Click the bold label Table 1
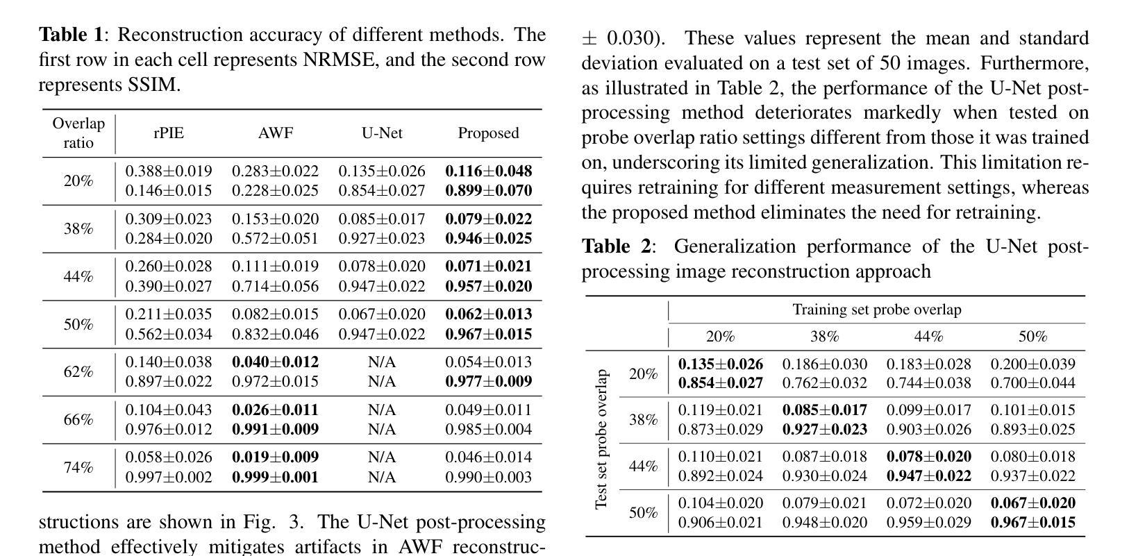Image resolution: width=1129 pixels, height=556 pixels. click(x=70, y=35)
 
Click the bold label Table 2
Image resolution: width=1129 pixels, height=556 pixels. click(x=614, y=246)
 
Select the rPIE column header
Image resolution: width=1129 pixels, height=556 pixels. click(x=169, y=133)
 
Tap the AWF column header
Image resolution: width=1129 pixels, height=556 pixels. click(x=276, y=133)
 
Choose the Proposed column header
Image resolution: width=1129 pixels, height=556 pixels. click(x=488, y=133)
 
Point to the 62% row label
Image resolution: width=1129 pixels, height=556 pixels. click(x=78, y=372)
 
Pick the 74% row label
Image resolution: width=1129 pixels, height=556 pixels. click(x=78, y=467)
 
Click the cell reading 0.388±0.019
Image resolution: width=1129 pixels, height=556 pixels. click(x=169, y=171)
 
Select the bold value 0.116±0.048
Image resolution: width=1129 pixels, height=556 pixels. click(x=488, y=171)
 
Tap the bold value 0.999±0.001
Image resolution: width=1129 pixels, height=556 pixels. click(x=276, y=477)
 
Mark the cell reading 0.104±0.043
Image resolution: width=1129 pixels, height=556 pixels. click(x=169, y=410)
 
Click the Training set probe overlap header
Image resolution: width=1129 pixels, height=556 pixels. click(x=877, y=310)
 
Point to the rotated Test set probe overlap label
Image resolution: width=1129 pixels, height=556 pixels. click(x=602, y=439)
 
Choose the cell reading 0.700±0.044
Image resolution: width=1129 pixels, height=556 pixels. click(x=1032, y=382)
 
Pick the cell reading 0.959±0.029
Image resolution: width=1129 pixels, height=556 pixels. click(x=928, y=522)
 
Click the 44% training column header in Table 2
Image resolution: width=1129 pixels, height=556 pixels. click(x=928, y=337)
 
